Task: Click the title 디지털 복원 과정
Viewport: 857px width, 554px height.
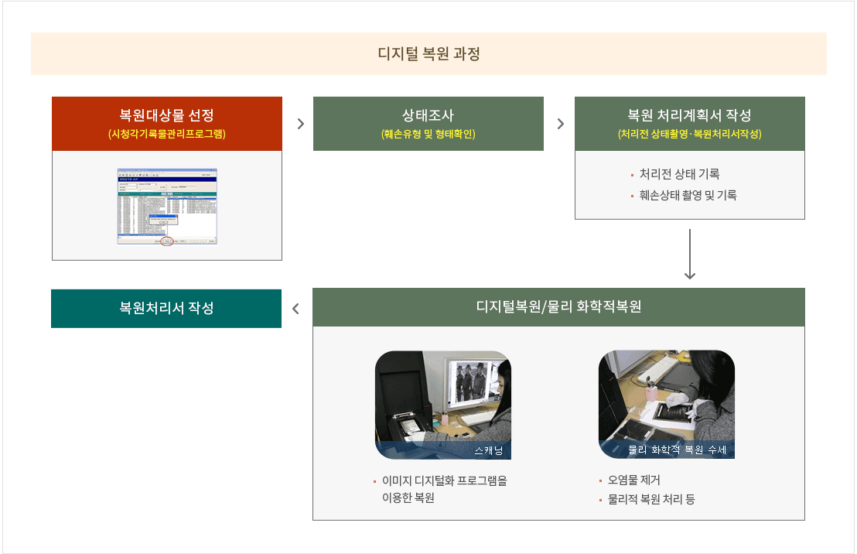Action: click(428, 54)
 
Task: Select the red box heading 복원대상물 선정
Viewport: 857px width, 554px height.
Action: click(166, 116)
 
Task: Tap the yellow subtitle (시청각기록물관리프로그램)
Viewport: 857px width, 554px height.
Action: click(166, 134)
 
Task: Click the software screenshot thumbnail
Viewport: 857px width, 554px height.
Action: click(167, 206)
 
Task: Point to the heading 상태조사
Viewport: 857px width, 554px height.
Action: click(428, 116)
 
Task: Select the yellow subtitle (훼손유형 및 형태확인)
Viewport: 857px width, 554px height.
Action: click(428, 134)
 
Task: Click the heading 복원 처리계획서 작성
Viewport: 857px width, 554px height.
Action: click(689, 116)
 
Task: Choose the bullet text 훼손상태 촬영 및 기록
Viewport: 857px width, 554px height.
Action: click(688, 195)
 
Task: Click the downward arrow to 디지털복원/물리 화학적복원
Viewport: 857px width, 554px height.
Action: click(691, 255)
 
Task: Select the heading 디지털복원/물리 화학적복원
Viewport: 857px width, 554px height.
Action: click(558, 306)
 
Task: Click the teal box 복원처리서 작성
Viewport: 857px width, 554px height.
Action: click(166, 308)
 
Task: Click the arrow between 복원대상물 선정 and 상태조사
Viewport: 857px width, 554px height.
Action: click(300, 124)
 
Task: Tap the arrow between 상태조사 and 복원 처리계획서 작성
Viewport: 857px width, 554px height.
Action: click(561, 124)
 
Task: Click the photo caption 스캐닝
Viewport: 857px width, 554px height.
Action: click(487, 450)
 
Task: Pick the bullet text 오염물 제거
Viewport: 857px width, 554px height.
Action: click(634, 480)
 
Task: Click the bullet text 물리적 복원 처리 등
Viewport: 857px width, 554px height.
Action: click(651, 499)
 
